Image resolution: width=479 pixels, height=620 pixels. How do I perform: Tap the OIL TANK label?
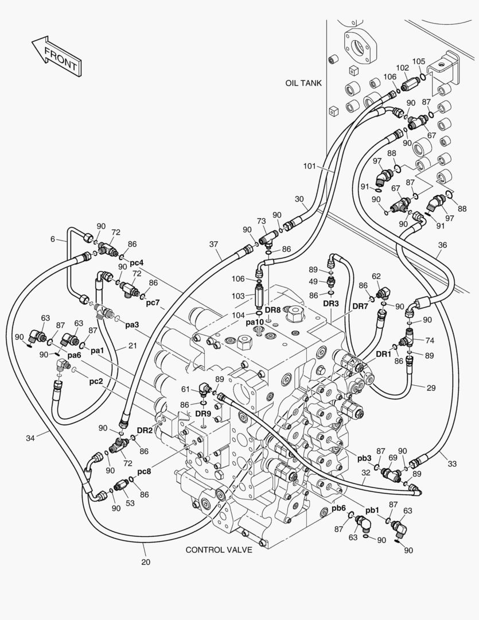tap(303, 83)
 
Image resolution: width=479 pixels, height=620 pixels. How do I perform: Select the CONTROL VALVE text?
tap(219, 550)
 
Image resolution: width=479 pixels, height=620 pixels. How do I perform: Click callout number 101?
tap(309, 166)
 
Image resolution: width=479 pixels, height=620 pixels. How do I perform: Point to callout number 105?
tap(419, 61)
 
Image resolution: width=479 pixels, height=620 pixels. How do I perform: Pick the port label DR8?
tap(272, 309)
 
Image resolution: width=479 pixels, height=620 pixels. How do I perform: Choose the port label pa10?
tap(255, 322)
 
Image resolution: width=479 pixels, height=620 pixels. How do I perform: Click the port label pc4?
tap(137, 262)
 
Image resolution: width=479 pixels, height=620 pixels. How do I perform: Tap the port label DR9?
tap(203, 413)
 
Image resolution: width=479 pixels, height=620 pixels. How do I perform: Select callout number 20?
tap(146, 562)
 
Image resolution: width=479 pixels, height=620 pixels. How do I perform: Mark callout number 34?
tap(30, 438)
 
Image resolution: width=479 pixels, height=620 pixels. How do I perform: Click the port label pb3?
tap(364, 458)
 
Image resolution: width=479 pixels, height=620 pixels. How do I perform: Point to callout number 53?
tap(130, 503)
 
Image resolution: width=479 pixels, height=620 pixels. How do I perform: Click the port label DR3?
tap(331, 304)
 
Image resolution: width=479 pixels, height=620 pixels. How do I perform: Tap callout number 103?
tap(238, 296)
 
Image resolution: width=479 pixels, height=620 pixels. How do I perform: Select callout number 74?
tap(430, 340)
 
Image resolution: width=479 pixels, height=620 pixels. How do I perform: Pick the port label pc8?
tap(144, 472)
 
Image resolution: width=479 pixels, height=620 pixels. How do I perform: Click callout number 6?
tap(52, 239)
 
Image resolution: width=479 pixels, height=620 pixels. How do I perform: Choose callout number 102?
tap(402, 68)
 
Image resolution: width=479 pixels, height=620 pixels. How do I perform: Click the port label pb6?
tap(338, 509)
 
